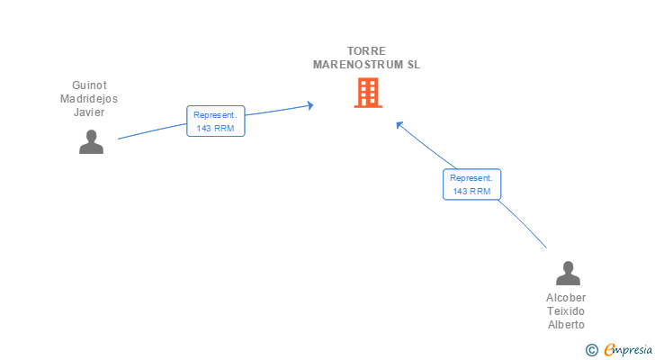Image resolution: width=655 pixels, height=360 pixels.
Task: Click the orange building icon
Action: [368, 93]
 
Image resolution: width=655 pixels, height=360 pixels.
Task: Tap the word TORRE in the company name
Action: [366, 51]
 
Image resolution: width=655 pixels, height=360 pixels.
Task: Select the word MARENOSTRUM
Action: [358, 65]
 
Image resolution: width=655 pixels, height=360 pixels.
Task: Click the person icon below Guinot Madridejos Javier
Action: [91, 141]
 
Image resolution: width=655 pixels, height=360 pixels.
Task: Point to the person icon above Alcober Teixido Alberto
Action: [568, 273]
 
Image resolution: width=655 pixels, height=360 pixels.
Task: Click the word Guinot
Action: [89, 85]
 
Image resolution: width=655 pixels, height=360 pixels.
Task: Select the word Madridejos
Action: [89, 99]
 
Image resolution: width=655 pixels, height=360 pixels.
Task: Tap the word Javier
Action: [89, 112]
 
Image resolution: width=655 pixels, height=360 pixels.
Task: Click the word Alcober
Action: [566, 298]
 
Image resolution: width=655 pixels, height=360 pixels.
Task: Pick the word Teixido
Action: [566, 311]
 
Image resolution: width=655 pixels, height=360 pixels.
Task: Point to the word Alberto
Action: [566, 325]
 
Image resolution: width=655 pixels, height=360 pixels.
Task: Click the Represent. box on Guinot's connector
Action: [216, 121]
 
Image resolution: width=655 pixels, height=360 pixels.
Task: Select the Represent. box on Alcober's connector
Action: [472, 184]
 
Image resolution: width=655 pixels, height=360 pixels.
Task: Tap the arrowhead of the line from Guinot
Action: [310, 105]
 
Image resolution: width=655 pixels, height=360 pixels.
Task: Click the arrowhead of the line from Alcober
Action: [399, 124]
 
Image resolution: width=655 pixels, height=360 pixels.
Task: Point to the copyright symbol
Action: [591, 350]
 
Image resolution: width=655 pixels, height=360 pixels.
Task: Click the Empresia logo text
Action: [628, 349]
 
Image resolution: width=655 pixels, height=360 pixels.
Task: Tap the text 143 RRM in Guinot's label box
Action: [216, 129]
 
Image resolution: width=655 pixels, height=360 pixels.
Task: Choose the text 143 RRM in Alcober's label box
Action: [472, 192]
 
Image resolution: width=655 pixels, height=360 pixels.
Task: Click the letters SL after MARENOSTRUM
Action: [414, 65]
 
